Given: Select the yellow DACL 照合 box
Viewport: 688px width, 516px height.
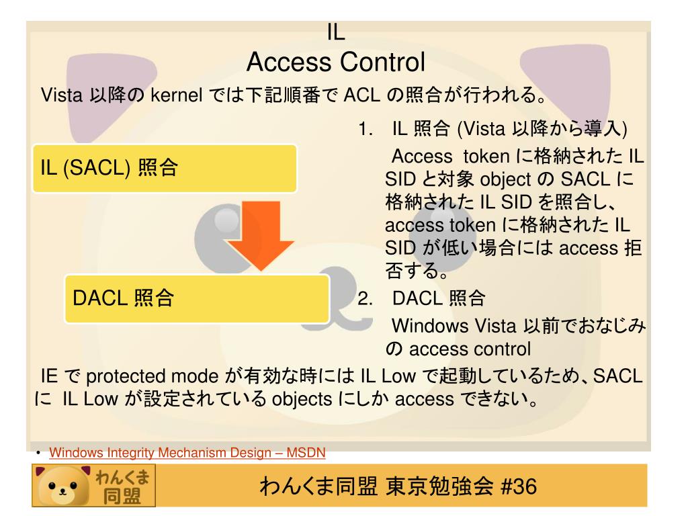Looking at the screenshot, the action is (x=197, y=298).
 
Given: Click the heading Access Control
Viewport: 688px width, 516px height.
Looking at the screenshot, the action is (x=335, y=62).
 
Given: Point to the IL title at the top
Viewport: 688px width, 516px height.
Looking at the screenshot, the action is (x=335, y=32).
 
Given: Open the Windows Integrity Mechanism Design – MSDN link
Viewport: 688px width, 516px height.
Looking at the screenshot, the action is (x=187, y=453).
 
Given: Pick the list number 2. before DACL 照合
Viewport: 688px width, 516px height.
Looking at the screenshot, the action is (x=366, y=298).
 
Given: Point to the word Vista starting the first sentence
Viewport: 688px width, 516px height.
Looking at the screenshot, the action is (x=62, y=96).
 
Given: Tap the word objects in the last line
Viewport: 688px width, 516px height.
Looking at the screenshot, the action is (x=302, y=400).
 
